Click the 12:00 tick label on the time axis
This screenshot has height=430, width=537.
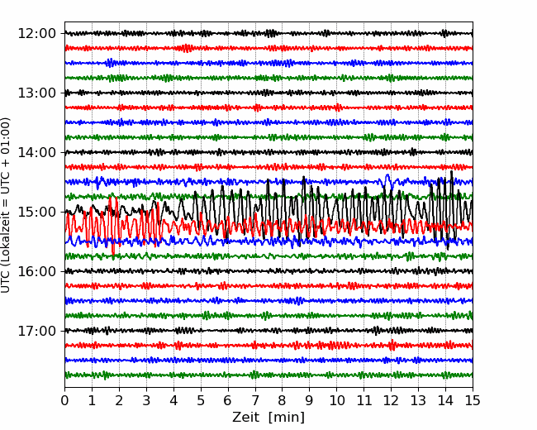click(x=36, y=34)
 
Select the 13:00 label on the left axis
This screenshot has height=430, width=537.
click(x=36, y=93)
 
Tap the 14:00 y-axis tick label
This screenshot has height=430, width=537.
click(x=36, y=152)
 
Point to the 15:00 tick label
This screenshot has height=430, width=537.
click(x=36, y=212)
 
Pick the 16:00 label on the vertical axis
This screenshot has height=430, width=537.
click(x=36, y=271)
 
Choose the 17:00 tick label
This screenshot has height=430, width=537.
click(x=36, y=331)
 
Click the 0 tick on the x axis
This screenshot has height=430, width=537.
click(x=64, y=400)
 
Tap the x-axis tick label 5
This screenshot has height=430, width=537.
click(x=201, y=400)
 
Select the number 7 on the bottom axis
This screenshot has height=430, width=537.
click(x=255, y=400)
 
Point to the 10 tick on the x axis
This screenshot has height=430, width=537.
click(x=336, y=400)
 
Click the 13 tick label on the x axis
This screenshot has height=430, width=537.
click(x=418, y=400)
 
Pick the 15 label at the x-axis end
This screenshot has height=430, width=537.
click(x=473, y=400)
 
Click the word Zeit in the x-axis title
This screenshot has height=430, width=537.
click(x=245, y=418)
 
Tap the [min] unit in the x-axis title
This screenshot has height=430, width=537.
click(x=287, y=418)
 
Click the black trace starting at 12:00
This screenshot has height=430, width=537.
click(x=268, y=33)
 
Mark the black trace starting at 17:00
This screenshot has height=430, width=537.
click(x=268, y=331)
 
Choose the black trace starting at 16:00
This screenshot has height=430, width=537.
click(x=268, y=271)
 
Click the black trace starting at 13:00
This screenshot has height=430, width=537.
click(x=268, y=93)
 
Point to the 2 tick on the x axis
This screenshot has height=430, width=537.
click(x=119, y=400)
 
